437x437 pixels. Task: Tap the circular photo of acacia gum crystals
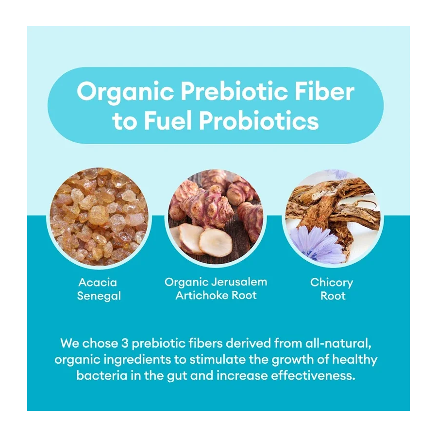click(99, 217)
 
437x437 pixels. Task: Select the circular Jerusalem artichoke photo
click(216, 217)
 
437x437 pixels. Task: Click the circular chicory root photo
click(333, 217)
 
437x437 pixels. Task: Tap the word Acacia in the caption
click(98, 282)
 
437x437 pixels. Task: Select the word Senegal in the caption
click(99, 296)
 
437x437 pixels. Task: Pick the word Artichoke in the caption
click(202, 295)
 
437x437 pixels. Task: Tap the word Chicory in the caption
click(332, 283)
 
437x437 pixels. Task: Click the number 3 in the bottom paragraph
click(125, 343)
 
